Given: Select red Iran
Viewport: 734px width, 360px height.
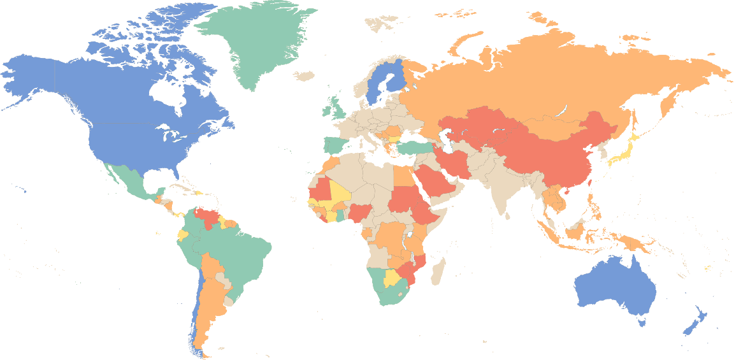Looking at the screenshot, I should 454,163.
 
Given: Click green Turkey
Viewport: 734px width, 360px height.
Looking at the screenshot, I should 414,148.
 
